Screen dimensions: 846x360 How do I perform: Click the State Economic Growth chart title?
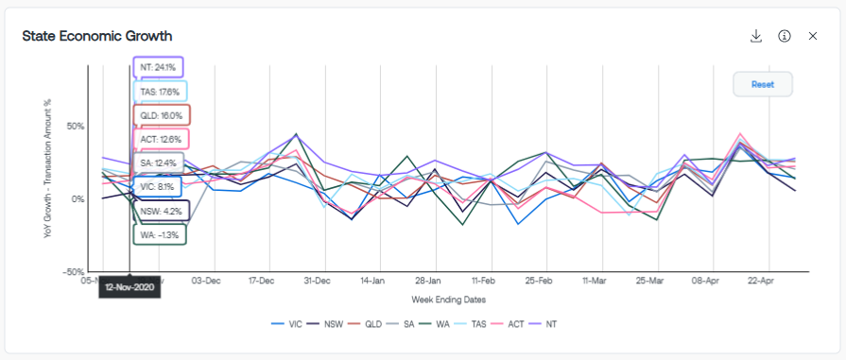click(x=97, y=36)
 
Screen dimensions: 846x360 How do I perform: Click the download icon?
click(x=756, y=36)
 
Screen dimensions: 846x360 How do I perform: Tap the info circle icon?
click(x=784, y=36)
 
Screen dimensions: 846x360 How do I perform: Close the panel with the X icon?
click(x=813, y=36)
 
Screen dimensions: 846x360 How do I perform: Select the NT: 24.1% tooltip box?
click(x=158, y=68)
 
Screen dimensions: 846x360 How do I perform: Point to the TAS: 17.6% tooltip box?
click(x=160, y=92)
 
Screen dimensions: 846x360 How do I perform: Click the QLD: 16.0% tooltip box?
click(x=162, y=115)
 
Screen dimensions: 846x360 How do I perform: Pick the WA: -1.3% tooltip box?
click(x=159, y=233)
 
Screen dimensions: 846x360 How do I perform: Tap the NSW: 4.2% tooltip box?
click(x=161, y=211)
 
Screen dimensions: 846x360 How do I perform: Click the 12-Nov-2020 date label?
click(x=129, y=287)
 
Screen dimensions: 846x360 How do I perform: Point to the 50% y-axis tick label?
click(x=75, y=127)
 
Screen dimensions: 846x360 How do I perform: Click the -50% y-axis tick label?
click(x=73, y=271)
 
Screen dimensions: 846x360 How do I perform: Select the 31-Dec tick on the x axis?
click(x=317, y=282)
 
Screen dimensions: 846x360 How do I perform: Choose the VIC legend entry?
click(x=286, y=324)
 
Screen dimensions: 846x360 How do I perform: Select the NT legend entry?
click(x=544, y=324)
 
